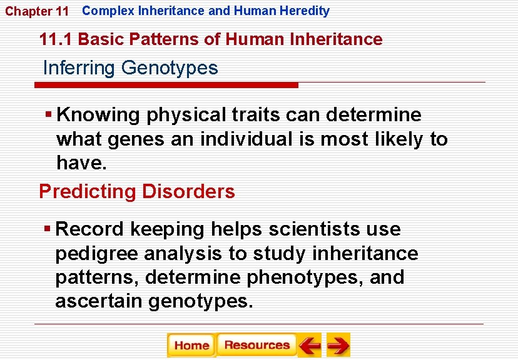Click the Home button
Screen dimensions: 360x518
click(x=191, y=345)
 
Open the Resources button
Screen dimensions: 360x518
click(x=256, y=345)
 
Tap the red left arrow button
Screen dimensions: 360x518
click(x=309, y=345)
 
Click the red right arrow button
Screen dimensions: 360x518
click(x=338, y=345)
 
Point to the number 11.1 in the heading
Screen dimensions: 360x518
click(x=56, y=40)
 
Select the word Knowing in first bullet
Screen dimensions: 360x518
click(x=98, y=115)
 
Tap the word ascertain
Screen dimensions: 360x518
click(x=99, y=301)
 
